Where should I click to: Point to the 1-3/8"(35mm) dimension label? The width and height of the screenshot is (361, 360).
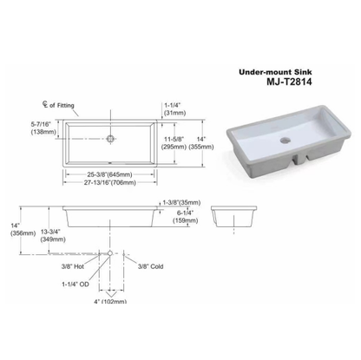point(184,202)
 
